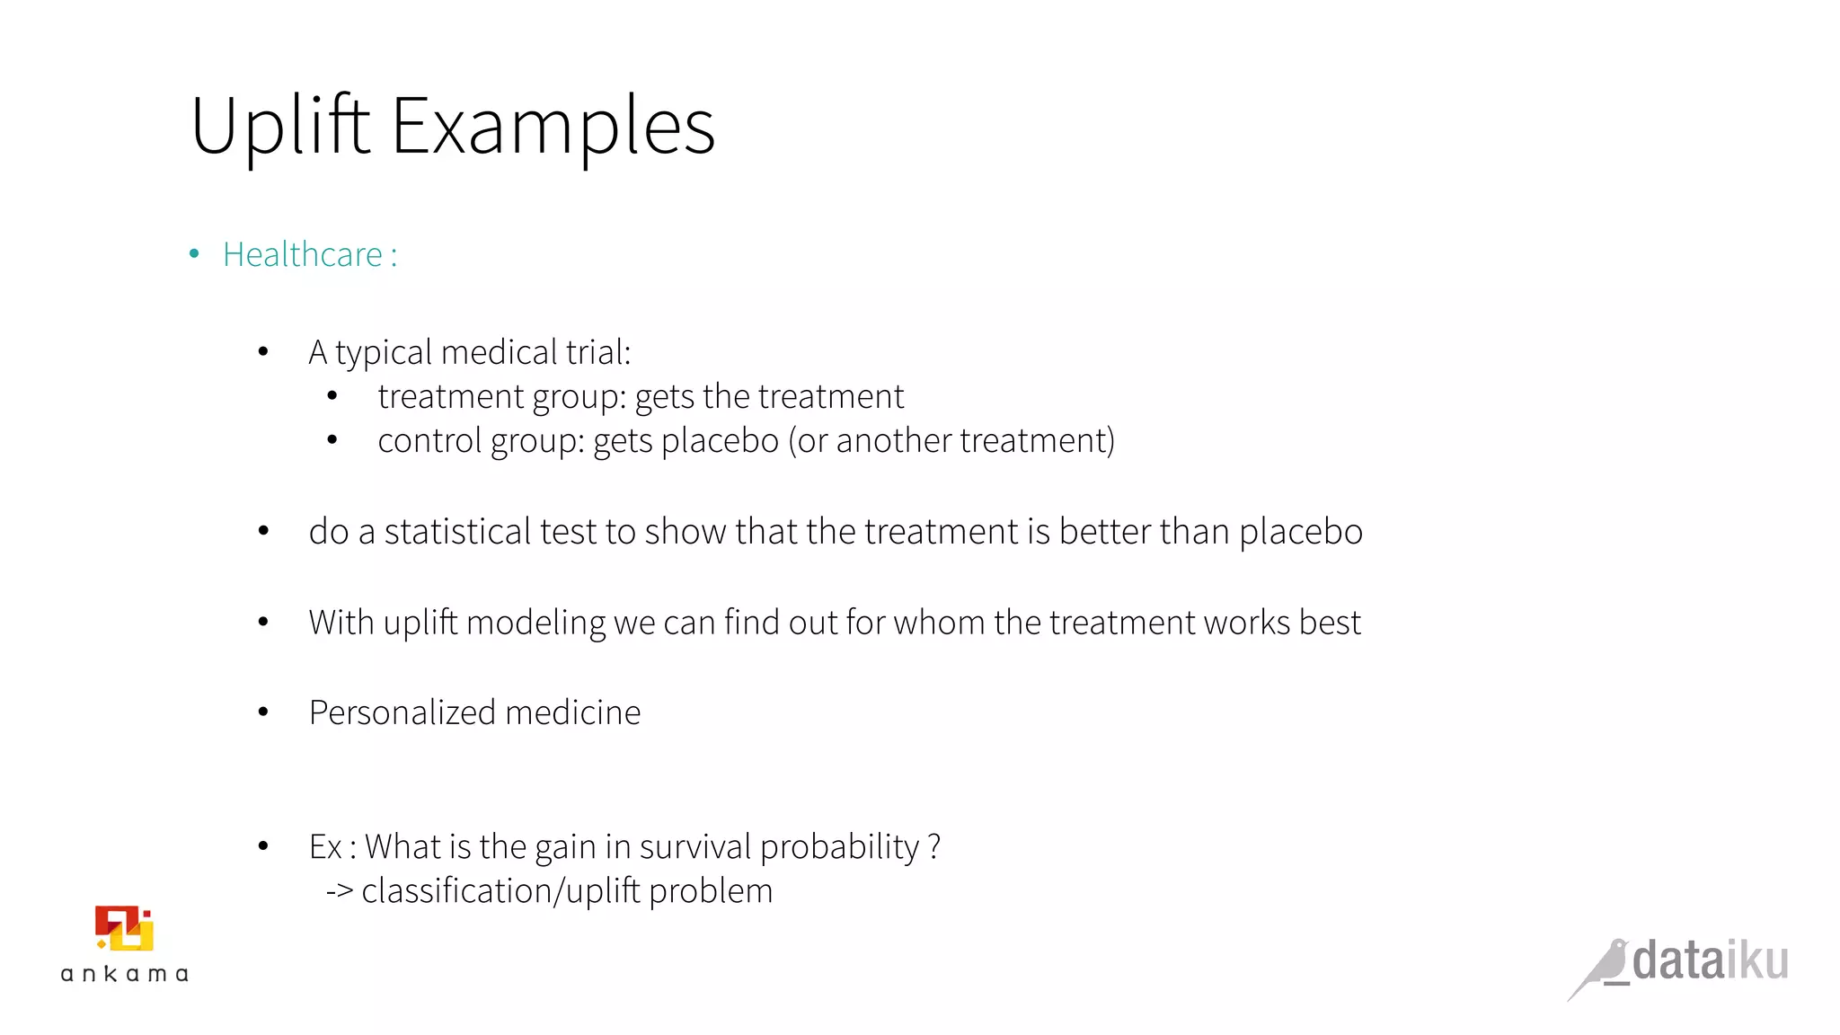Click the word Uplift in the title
[x=280, y=128]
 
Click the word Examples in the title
[x=553, y=128]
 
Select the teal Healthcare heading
[x=303, y=255]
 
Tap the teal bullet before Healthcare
[x=194, y=254]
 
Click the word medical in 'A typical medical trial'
[x=500, y=352]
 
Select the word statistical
[x=458, y=532]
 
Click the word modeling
[x=535, y=623]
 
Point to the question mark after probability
[x=934, y=847]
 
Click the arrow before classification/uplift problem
[x=340, y=891]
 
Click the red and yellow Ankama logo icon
[x=124, y=929]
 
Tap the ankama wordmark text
[x=124, y=974]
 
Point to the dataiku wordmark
[x=1710, y=960]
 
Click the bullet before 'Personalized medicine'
[x=263, y=712]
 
